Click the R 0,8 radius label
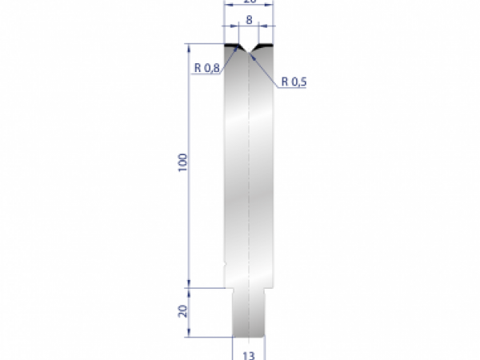click(207, 69)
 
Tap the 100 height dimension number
click(183, 163)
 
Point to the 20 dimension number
click(183, 311)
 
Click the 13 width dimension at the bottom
click(248, 353)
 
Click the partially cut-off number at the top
click(248, 2)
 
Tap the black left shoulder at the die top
click(232, 46)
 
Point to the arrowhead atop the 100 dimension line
click(190, 47)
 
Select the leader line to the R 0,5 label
click(265, 70)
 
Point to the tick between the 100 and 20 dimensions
click(190, 285)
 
